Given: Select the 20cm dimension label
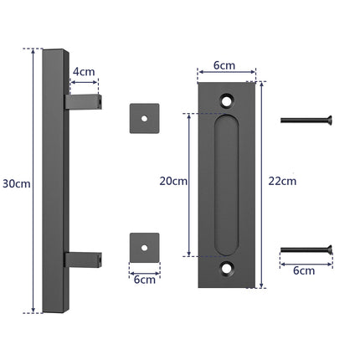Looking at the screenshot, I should (172, 182).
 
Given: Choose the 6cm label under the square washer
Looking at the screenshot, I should (145, 279).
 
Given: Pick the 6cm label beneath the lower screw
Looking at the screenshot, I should (306, 270).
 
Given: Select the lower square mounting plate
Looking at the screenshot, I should (145, 248).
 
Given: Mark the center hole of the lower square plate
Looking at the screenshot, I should (145, 248).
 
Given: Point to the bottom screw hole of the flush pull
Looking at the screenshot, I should (226, 269).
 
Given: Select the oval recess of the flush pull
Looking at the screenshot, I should (226, 184).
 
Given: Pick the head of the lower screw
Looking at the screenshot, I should (329, 249).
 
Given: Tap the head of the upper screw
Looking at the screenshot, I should (329, 120).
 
